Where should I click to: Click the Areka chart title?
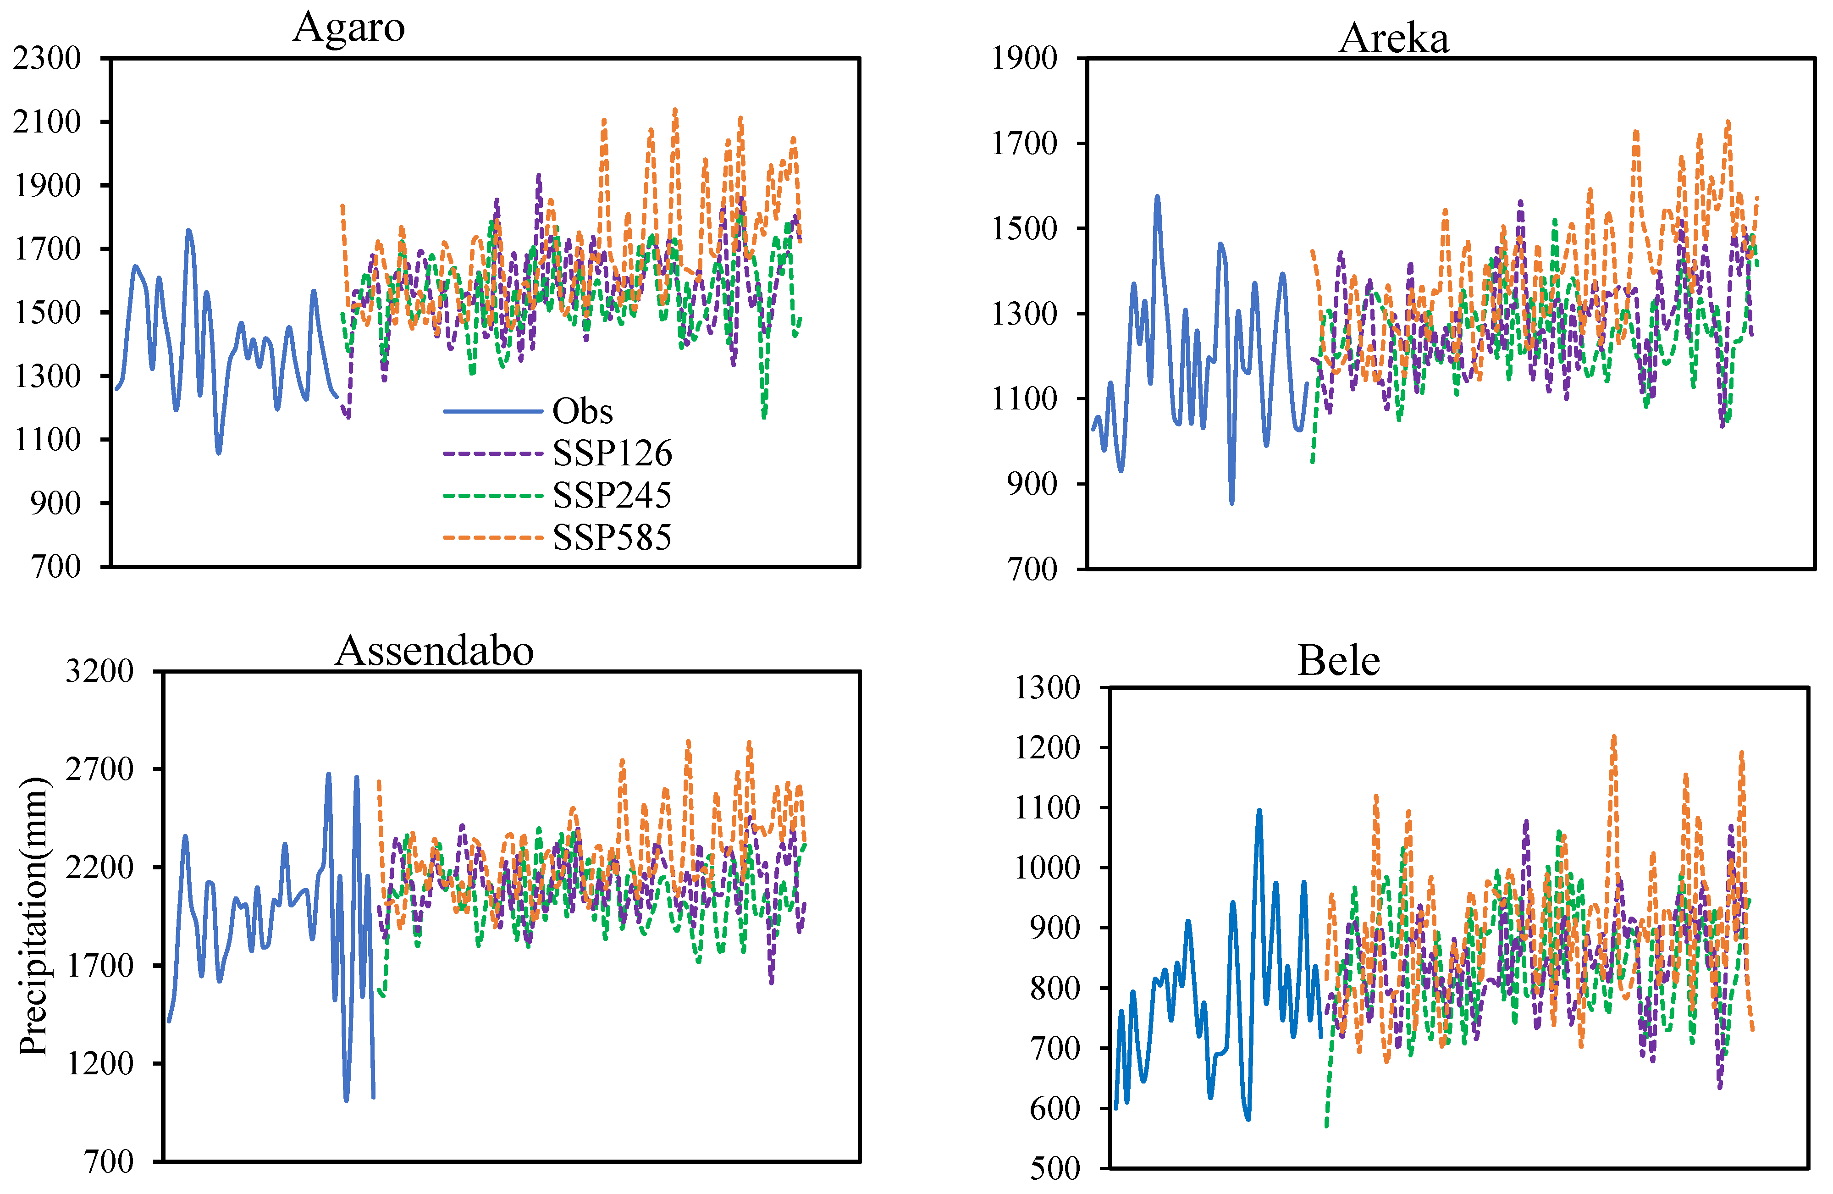coord(1394,39)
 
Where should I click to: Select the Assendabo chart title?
coord(434,651)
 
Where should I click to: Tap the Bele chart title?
coord(1339,661)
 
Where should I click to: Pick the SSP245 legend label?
coord(612,495)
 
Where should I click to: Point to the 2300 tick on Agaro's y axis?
coord(47,59)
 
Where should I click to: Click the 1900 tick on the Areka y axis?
coord(1024,59)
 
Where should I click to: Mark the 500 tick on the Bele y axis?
coord(1055,1169)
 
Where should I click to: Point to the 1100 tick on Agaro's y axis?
coord(47,440)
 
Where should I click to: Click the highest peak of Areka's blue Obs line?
coord(1157,197)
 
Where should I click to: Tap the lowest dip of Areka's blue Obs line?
coord(1232,502)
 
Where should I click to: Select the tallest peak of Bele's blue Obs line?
coord(1259,810)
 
